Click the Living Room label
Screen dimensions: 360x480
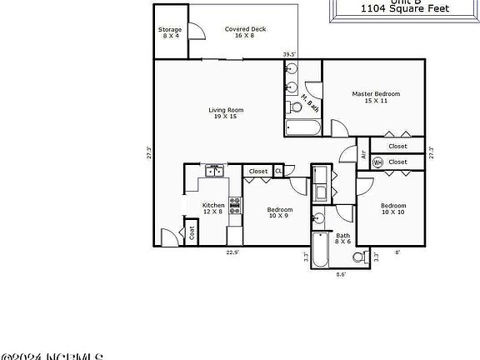coord(225,113)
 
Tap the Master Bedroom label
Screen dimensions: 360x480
coord(376,97)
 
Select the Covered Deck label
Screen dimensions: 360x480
coord(244,32)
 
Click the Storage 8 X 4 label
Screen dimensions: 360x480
coord(170,32)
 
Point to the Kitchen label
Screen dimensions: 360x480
coord(213,208)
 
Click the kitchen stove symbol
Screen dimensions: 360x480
coord(235,205)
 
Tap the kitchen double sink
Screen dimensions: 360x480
coord(215,172)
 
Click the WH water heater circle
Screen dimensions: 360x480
coord(377,162)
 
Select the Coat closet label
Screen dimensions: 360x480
coord(192,233)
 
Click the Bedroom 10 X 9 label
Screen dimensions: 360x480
coord(279,212)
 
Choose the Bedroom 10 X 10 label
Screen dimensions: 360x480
coord(393,208)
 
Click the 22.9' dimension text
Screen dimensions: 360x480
coord(232,251)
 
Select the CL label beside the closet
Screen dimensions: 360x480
coord(278,171)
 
